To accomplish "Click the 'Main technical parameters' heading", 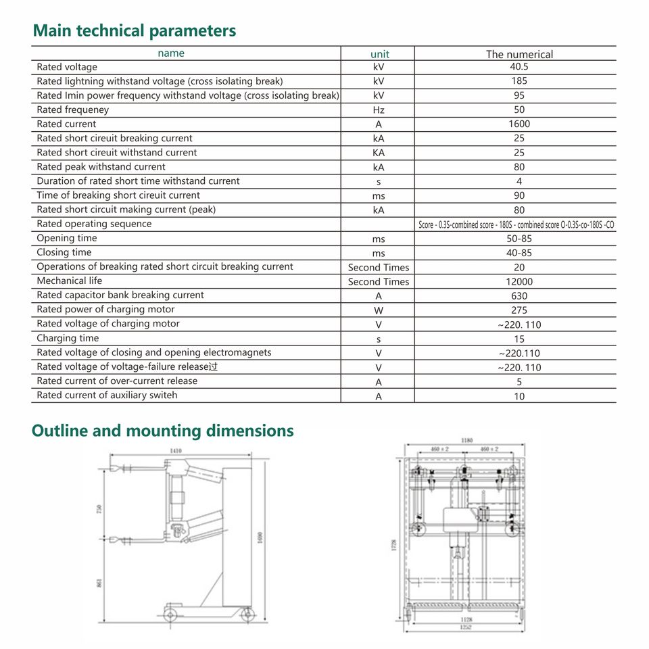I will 135,30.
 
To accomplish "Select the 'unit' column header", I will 380,54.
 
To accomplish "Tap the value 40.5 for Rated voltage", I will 519,67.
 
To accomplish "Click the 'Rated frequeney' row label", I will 72,110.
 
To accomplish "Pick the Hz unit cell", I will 379,110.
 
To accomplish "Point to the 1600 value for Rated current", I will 519,124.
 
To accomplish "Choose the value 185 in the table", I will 519,81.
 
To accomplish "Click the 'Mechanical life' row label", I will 70,281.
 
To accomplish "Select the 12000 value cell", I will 519,282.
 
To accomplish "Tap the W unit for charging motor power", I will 379,310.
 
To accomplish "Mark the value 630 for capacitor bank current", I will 519,296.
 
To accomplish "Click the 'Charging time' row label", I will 68,338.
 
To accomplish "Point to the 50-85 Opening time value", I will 519,239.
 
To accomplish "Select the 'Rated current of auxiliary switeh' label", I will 107,395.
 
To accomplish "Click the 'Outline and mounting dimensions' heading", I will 163,431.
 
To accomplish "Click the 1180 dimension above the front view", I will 466,440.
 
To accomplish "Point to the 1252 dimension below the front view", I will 466,627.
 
